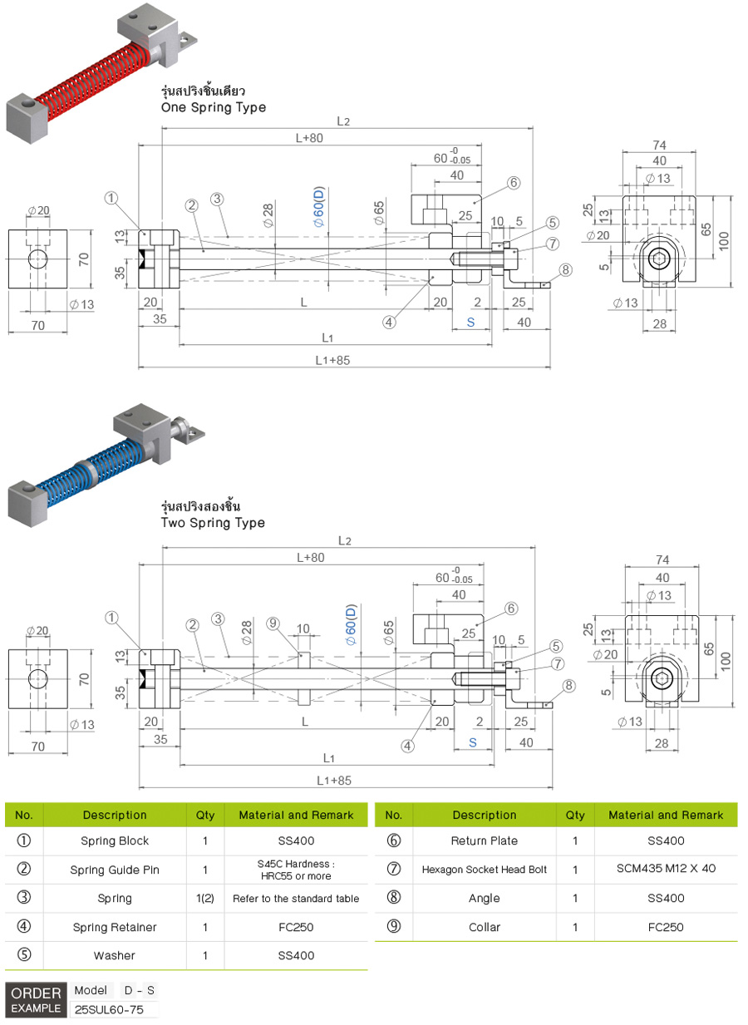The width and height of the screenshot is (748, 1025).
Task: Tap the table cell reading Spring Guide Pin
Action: pos(114,870)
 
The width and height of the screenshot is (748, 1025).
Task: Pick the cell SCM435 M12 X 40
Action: pos(666,869)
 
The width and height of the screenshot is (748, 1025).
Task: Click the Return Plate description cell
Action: pos(484,840)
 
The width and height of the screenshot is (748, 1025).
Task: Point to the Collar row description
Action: pos(484,927)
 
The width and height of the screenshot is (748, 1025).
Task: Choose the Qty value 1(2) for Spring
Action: pos(204,899)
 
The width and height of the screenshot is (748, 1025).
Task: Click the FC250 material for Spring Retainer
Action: pos(296,927)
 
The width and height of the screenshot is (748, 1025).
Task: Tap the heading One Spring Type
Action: pos(213,107)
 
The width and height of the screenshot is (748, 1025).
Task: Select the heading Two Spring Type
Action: pos(213,523)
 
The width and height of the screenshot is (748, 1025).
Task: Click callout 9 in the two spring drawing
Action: pos(273,623)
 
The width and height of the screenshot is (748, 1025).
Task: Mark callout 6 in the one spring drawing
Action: pos(513,182)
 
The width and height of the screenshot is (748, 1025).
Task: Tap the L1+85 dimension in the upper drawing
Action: pos(333,360)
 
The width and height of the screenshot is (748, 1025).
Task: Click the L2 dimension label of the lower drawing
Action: pos(344,541)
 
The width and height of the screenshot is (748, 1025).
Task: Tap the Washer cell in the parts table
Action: pos(114,955)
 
